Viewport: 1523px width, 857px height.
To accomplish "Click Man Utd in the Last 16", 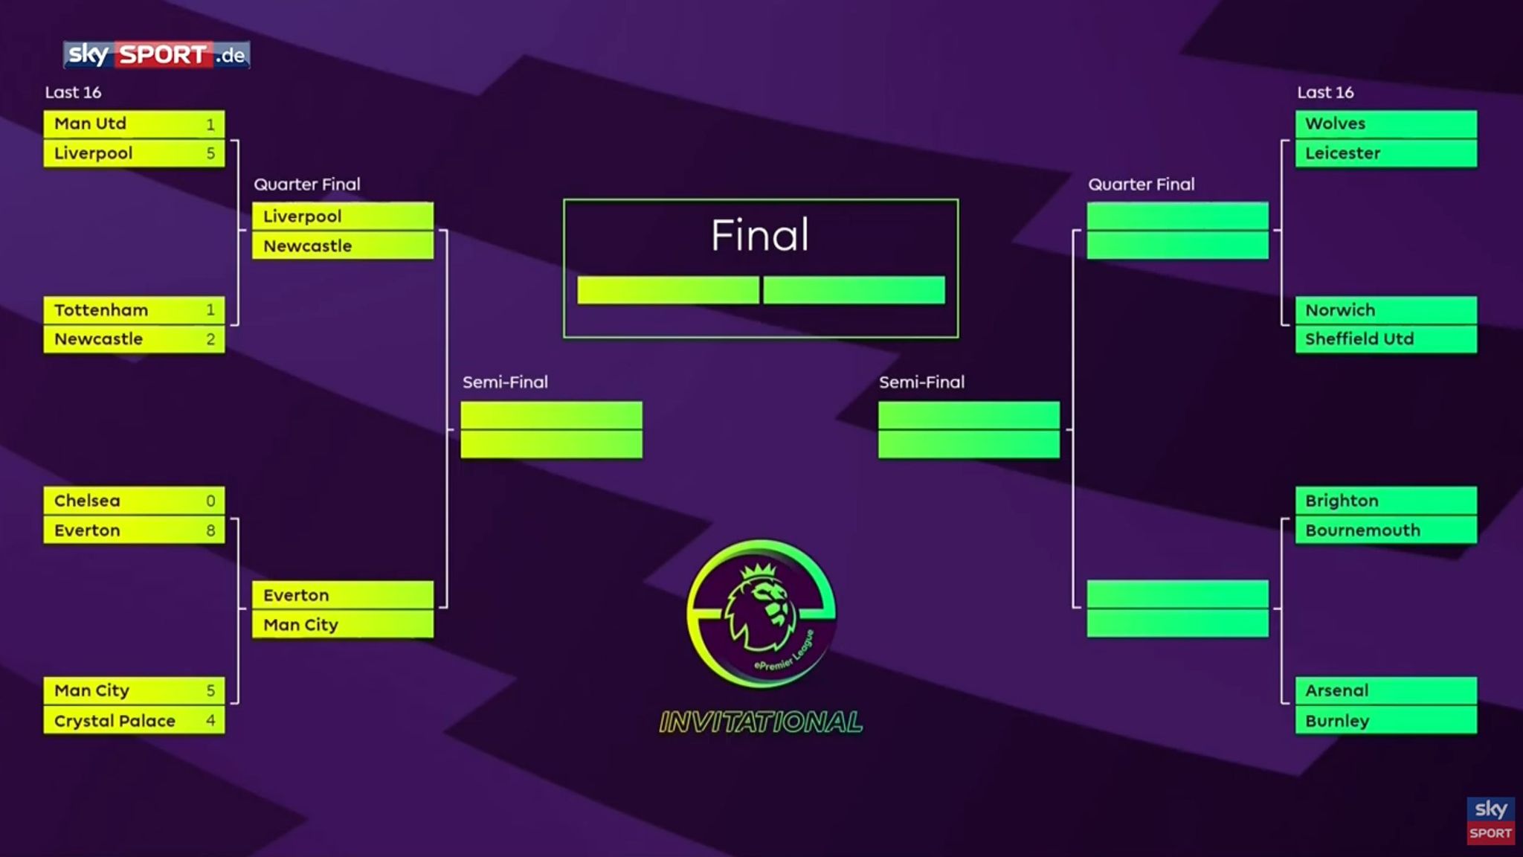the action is coord(90,123).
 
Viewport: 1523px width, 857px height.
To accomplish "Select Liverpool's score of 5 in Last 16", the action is coord(210,153).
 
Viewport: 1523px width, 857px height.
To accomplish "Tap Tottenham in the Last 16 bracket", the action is coord(101,309).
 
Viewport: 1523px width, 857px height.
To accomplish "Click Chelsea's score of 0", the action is coord(210,501).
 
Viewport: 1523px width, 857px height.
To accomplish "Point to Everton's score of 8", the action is coord(210,530).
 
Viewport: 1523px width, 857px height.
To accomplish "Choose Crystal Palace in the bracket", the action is coord(115,721).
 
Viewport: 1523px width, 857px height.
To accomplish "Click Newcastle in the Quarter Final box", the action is coord(307,246).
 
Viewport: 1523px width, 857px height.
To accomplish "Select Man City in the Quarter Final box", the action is coord(300,625).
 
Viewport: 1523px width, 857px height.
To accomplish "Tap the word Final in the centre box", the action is coord(759,235).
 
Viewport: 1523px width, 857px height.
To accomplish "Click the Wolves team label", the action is coord(1335,123).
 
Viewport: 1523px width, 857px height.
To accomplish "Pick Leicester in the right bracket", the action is coord(1342,153).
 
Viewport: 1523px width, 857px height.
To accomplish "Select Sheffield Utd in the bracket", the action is coord(1359,339).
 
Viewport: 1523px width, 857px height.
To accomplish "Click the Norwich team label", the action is coord(1340,309).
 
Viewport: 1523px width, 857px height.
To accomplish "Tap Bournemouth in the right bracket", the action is coord(1362,530).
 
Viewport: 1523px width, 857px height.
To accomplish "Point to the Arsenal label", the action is coord(1336,690).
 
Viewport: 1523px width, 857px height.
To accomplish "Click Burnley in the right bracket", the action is coord(1337,721).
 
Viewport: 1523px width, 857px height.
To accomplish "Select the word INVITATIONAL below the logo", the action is coord(761,722).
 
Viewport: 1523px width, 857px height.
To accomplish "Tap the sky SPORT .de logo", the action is coord(156,54).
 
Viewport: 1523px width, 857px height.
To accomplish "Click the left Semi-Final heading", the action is coord(505,382).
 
